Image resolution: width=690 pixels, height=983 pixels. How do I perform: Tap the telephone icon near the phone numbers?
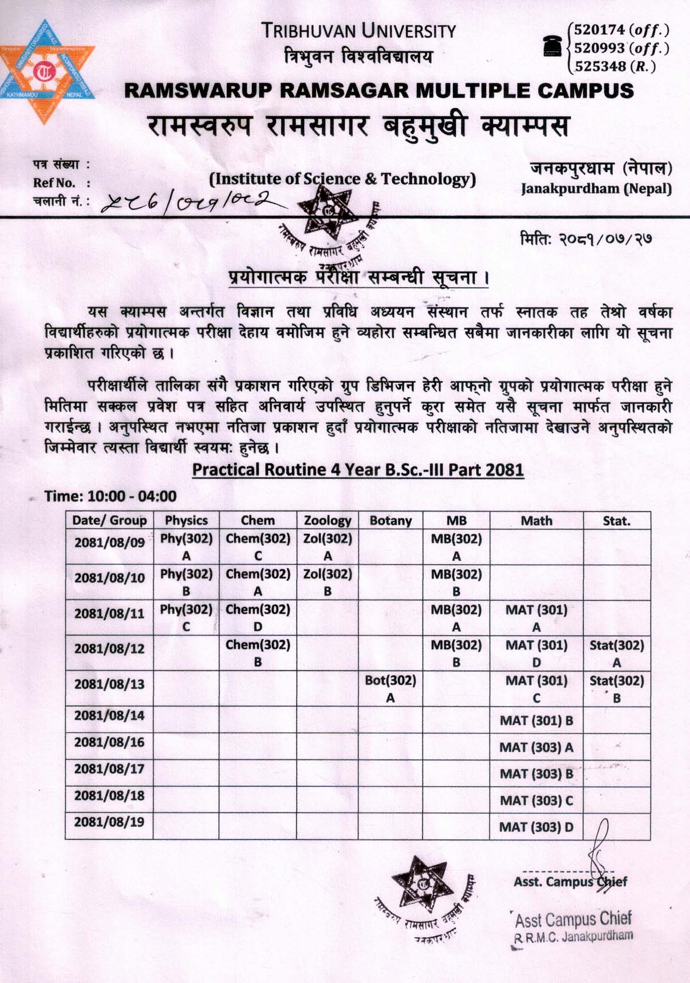point(553,46)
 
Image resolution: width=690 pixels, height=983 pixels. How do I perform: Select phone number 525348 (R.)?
point(615,66)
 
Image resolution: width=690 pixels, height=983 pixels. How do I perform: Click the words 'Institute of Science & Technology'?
point(342,179)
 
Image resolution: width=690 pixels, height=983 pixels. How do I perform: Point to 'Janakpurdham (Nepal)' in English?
point(596,188)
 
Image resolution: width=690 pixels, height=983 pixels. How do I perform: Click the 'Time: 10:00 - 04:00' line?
point(111,496)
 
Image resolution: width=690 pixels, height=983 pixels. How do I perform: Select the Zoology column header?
point(327,520)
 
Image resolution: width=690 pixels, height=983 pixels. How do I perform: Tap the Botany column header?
point(391,520)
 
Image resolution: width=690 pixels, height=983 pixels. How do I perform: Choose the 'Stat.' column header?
point(616,520)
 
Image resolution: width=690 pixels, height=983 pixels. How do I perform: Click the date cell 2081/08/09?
point(109,542)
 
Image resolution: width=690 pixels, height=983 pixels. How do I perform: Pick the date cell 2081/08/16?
point(109,742)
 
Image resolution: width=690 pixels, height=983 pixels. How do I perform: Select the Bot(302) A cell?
point(391,688)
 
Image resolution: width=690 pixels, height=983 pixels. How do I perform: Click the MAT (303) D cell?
point(536,827)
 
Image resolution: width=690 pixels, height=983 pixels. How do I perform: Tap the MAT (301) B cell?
point(536,720)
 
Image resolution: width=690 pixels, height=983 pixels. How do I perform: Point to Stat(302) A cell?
point(617,653)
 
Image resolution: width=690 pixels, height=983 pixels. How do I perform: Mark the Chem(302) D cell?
point(258,617)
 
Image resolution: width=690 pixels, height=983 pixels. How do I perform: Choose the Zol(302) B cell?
point(327,582)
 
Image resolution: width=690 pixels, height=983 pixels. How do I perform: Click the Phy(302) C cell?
point(186,617)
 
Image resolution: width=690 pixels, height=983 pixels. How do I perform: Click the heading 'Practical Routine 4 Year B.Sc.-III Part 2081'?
point(358,470)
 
